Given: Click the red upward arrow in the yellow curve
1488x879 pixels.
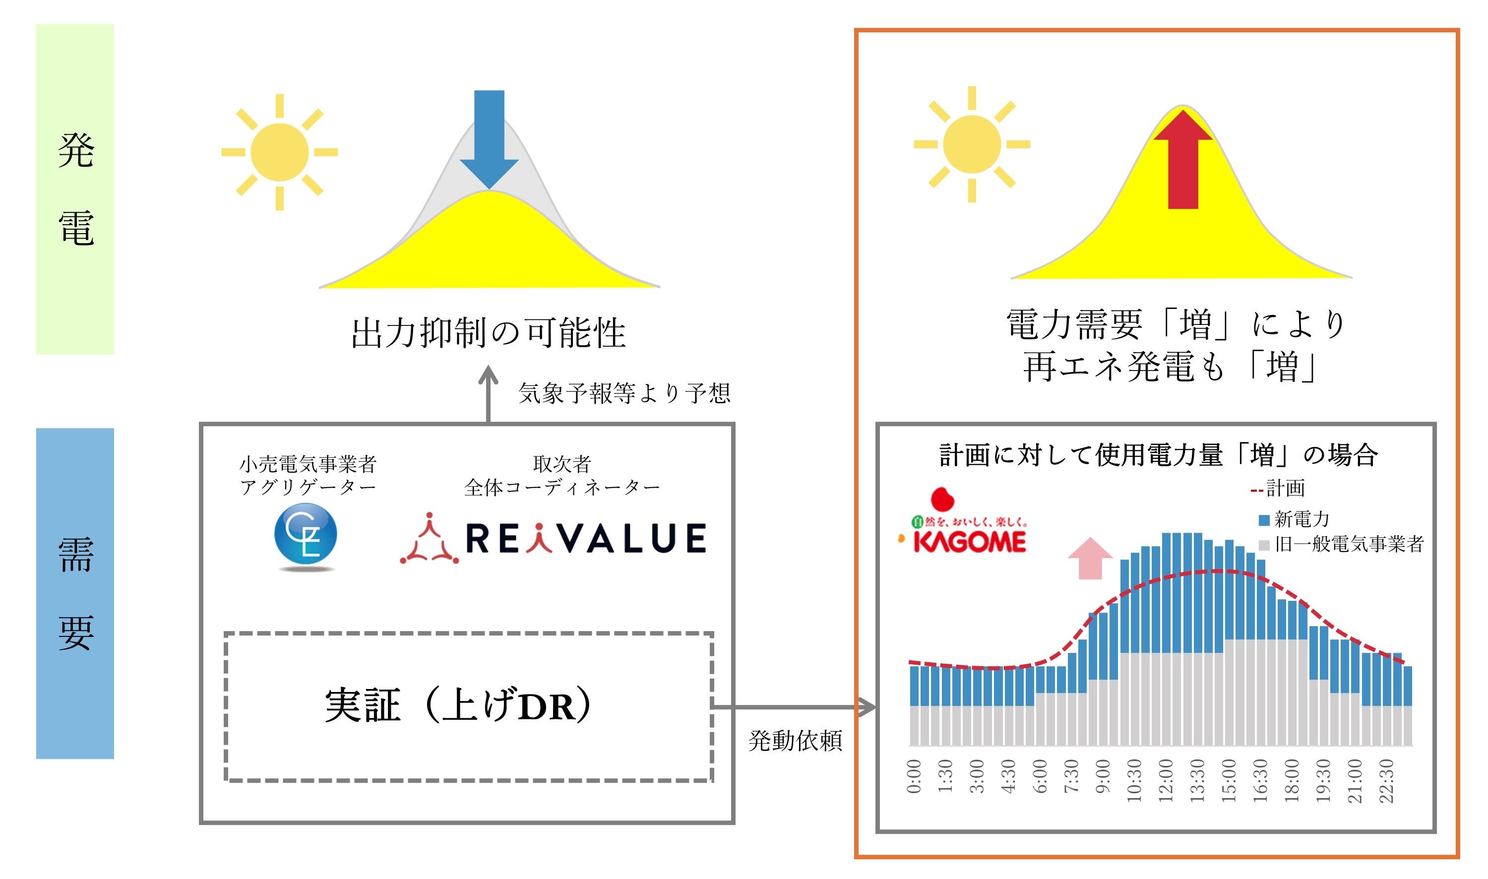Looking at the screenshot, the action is point(1182,160).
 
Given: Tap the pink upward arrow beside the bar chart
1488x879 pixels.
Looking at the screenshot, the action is point(1090,558).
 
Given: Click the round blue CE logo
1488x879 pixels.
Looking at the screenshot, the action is point(306,535).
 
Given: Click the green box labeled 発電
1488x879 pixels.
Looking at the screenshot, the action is point(75,189).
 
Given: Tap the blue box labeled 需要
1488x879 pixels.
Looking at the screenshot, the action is point(75,593).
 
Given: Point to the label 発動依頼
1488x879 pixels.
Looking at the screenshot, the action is point(795,741).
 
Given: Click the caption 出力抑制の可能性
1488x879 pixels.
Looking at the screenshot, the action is point(489,333).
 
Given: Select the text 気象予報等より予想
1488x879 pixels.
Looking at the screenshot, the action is point(624,393).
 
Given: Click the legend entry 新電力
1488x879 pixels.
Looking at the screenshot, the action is point(1293,519).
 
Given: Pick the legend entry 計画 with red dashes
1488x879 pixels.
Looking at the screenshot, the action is point(1277,489).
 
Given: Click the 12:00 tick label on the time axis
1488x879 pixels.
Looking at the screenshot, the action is point(1165,781).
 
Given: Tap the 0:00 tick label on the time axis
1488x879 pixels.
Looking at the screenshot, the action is point(914,776).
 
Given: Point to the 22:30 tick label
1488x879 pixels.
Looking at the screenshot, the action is point(1386,781).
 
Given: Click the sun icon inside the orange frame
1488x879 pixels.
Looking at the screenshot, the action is point(972,144).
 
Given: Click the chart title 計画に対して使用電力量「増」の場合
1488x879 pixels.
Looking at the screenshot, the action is point(1158,455).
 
